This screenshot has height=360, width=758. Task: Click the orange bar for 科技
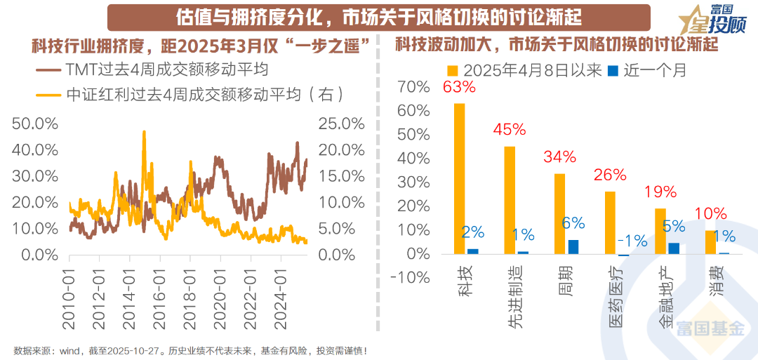tap(459, 179)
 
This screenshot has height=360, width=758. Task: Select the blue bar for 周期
tap(573, 247)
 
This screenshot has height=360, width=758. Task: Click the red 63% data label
tap(459, 88)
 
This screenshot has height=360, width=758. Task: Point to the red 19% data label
tap(660, 192)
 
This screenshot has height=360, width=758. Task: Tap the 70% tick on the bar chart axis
tap(413, 87)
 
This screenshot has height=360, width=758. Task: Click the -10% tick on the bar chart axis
tap(409, 278)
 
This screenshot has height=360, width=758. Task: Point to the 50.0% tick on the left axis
tap(35, 124)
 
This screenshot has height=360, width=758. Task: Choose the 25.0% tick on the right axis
tap(342, 124)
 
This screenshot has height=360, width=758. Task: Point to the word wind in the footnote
tap(69, 350)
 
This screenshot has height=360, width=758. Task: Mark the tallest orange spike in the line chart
tap(144, 132)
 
